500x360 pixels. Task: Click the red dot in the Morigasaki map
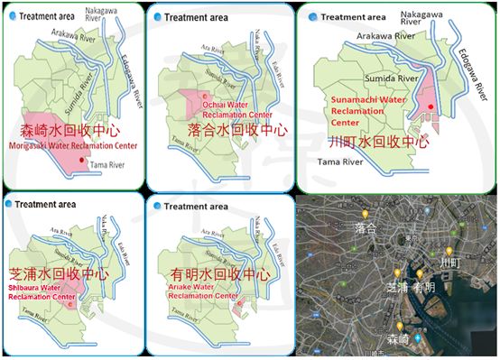pos(82,161)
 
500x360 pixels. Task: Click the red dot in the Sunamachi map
pos(431,106)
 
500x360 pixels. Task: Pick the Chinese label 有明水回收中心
pos(210,272)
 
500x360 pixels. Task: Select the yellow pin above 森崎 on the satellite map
pos(399,326)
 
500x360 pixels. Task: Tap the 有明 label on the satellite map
pos(423,289)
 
